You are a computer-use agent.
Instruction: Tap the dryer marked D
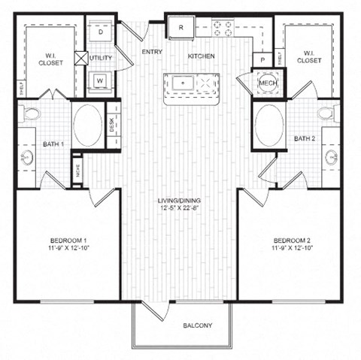(x=101, y=33)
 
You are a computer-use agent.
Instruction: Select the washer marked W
(x=101, y=80)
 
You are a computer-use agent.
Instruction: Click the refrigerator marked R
(x=181, y=29)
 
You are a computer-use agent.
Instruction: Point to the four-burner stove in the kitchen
(x=223, y=29)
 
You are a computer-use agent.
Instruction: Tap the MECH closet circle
(x=267, y=82)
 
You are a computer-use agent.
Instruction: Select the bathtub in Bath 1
(x=88, y=124)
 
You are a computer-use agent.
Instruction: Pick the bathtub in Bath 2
(x=270, y=124)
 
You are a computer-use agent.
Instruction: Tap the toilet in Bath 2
(x=326, y=113)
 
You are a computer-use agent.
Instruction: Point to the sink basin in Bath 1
(x=27, y=158)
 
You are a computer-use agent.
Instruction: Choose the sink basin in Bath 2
(x=332, y=157)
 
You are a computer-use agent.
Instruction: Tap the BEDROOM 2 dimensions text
(x=293, y=249)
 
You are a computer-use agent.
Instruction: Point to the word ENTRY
(x=153, y=52)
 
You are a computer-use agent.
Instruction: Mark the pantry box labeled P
(x=262, y=58)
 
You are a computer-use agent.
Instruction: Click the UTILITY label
(x=101, y=57)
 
